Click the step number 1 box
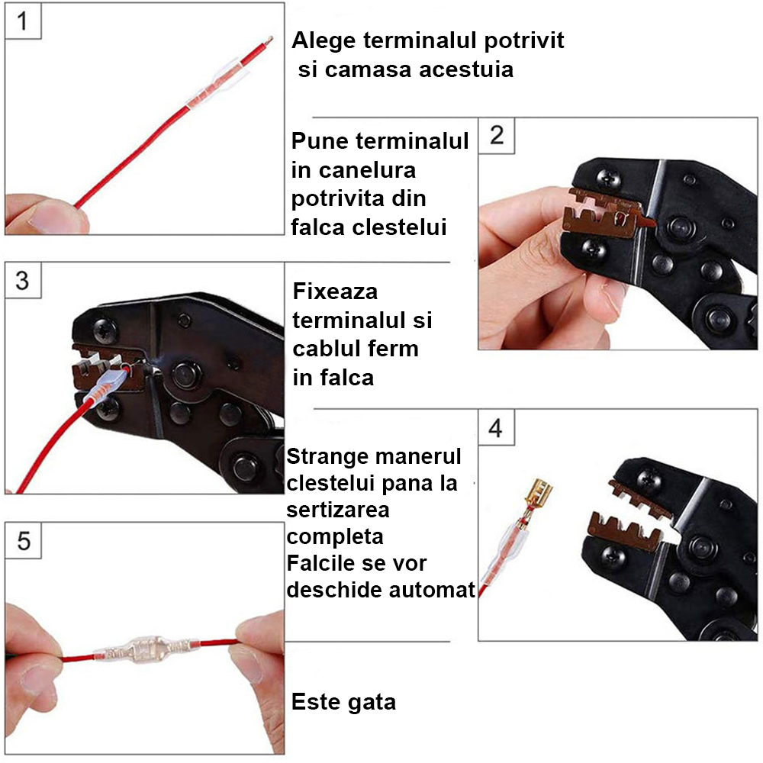22,22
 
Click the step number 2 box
497,135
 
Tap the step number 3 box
22,281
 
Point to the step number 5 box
23,541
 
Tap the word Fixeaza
335,291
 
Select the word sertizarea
338,509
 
